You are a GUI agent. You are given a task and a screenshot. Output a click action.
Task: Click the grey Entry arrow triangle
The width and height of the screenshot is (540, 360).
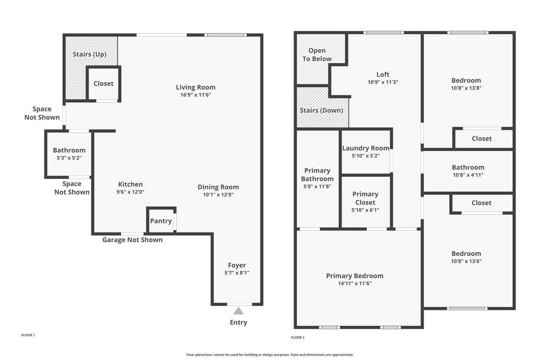[238, 311]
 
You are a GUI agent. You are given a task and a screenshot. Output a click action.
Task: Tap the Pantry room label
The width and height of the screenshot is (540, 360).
[161, 221]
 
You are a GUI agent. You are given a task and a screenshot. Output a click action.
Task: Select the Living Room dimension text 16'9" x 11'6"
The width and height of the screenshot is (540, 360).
[196, 95]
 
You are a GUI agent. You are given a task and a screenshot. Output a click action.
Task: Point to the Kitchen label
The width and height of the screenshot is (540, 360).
[130, 184]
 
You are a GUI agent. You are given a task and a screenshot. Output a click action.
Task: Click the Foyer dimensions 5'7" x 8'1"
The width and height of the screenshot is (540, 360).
[237, 273]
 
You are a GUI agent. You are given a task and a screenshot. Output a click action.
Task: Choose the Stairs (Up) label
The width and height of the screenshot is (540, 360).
[90, 54]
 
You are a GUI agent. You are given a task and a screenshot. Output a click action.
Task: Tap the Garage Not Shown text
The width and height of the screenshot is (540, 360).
[132, 240]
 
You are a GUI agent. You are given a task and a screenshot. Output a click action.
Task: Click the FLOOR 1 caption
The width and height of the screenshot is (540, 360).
[28, 335]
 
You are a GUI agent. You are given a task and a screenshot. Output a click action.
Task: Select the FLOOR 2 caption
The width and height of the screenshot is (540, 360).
[297, 337]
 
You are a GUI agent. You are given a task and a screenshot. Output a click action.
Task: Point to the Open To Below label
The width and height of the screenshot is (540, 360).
[317, 55]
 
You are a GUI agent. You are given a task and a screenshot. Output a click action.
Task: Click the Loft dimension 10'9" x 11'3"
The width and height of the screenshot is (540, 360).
[383, 82]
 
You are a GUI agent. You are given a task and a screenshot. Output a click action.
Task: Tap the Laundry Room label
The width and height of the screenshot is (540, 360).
[366, 148]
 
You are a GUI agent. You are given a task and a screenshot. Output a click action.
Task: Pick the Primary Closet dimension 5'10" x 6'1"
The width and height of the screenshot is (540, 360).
[365, 210]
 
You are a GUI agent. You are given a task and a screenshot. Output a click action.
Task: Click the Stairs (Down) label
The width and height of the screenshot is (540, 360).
[321, 111]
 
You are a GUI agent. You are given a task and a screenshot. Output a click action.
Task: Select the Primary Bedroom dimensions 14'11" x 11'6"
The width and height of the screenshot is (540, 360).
[355, 283]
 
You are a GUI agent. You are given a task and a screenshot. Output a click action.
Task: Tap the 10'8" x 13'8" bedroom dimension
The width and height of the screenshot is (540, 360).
[466, 88]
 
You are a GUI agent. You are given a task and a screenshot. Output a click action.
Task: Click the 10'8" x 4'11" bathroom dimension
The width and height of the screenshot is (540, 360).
[468, 175]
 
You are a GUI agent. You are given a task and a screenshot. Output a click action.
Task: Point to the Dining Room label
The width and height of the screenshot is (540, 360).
[218, 187]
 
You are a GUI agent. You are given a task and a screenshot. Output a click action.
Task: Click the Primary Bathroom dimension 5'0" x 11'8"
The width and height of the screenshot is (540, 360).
[317, 187]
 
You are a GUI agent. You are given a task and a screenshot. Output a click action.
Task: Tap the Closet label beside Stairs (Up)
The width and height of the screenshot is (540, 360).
[104, 84]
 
